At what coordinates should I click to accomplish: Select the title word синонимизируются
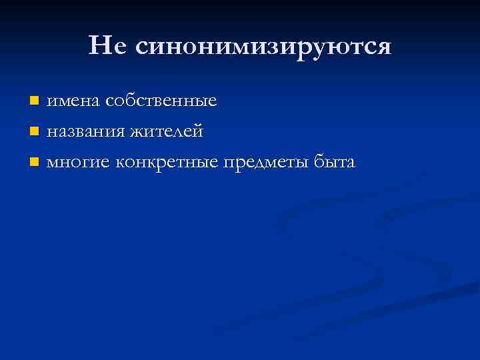[263, 47]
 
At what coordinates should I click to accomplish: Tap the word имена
[72, 101]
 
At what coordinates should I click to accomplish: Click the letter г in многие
[88, 162]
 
